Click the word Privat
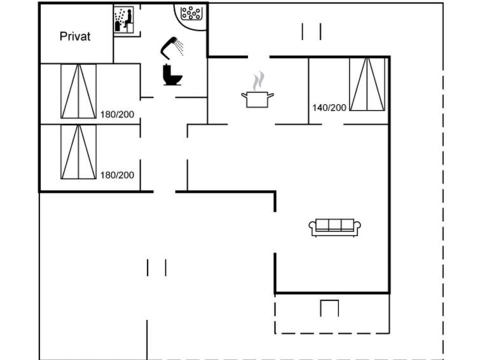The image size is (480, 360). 75,36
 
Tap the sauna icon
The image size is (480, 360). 124,20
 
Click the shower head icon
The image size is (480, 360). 172,48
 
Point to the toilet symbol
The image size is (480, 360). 173,74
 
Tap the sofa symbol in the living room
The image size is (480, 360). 334,228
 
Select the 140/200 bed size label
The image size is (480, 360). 329,108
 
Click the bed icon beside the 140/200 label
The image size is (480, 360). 367,84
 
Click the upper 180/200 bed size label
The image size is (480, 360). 117,114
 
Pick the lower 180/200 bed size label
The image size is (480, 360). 117,176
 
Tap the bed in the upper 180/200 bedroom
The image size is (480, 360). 79,92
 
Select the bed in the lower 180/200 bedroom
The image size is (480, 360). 79,152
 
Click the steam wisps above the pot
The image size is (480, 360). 259,81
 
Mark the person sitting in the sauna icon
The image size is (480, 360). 128,19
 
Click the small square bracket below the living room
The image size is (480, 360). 329,308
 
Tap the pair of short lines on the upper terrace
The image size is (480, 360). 312,32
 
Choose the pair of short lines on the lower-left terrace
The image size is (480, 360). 157,268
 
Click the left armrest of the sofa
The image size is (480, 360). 312,226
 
